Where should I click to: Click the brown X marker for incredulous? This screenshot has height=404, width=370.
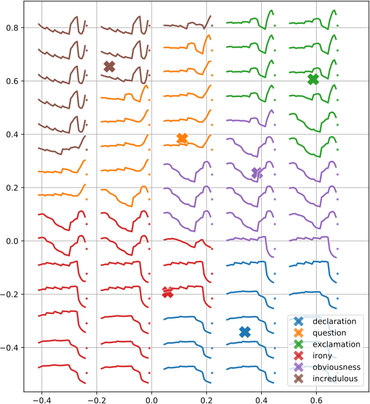[x=109, y=67]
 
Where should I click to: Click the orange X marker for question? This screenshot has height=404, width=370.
[x=182, y=138]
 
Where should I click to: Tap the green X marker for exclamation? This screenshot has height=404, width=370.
[x=313, y=79]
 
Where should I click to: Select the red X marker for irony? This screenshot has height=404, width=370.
[x=168, y=292]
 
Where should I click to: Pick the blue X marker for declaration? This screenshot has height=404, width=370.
[x=245, y=332]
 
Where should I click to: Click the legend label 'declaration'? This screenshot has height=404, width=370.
[x=334, y=321]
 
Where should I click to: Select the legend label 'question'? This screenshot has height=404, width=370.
[x=330, y=333]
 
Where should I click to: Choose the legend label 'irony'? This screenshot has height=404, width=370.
[x=323, y=355]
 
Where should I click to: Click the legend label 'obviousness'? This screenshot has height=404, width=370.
[x=337, y=367]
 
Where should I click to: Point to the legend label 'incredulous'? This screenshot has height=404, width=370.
[x=335, y=378]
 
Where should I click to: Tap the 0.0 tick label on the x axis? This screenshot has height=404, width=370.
[x=152, y=400]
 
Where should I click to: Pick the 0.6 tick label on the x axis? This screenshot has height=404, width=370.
[x=317, y=400]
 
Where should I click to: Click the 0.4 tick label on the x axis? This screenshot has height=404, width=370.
[x=262, y=400]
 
